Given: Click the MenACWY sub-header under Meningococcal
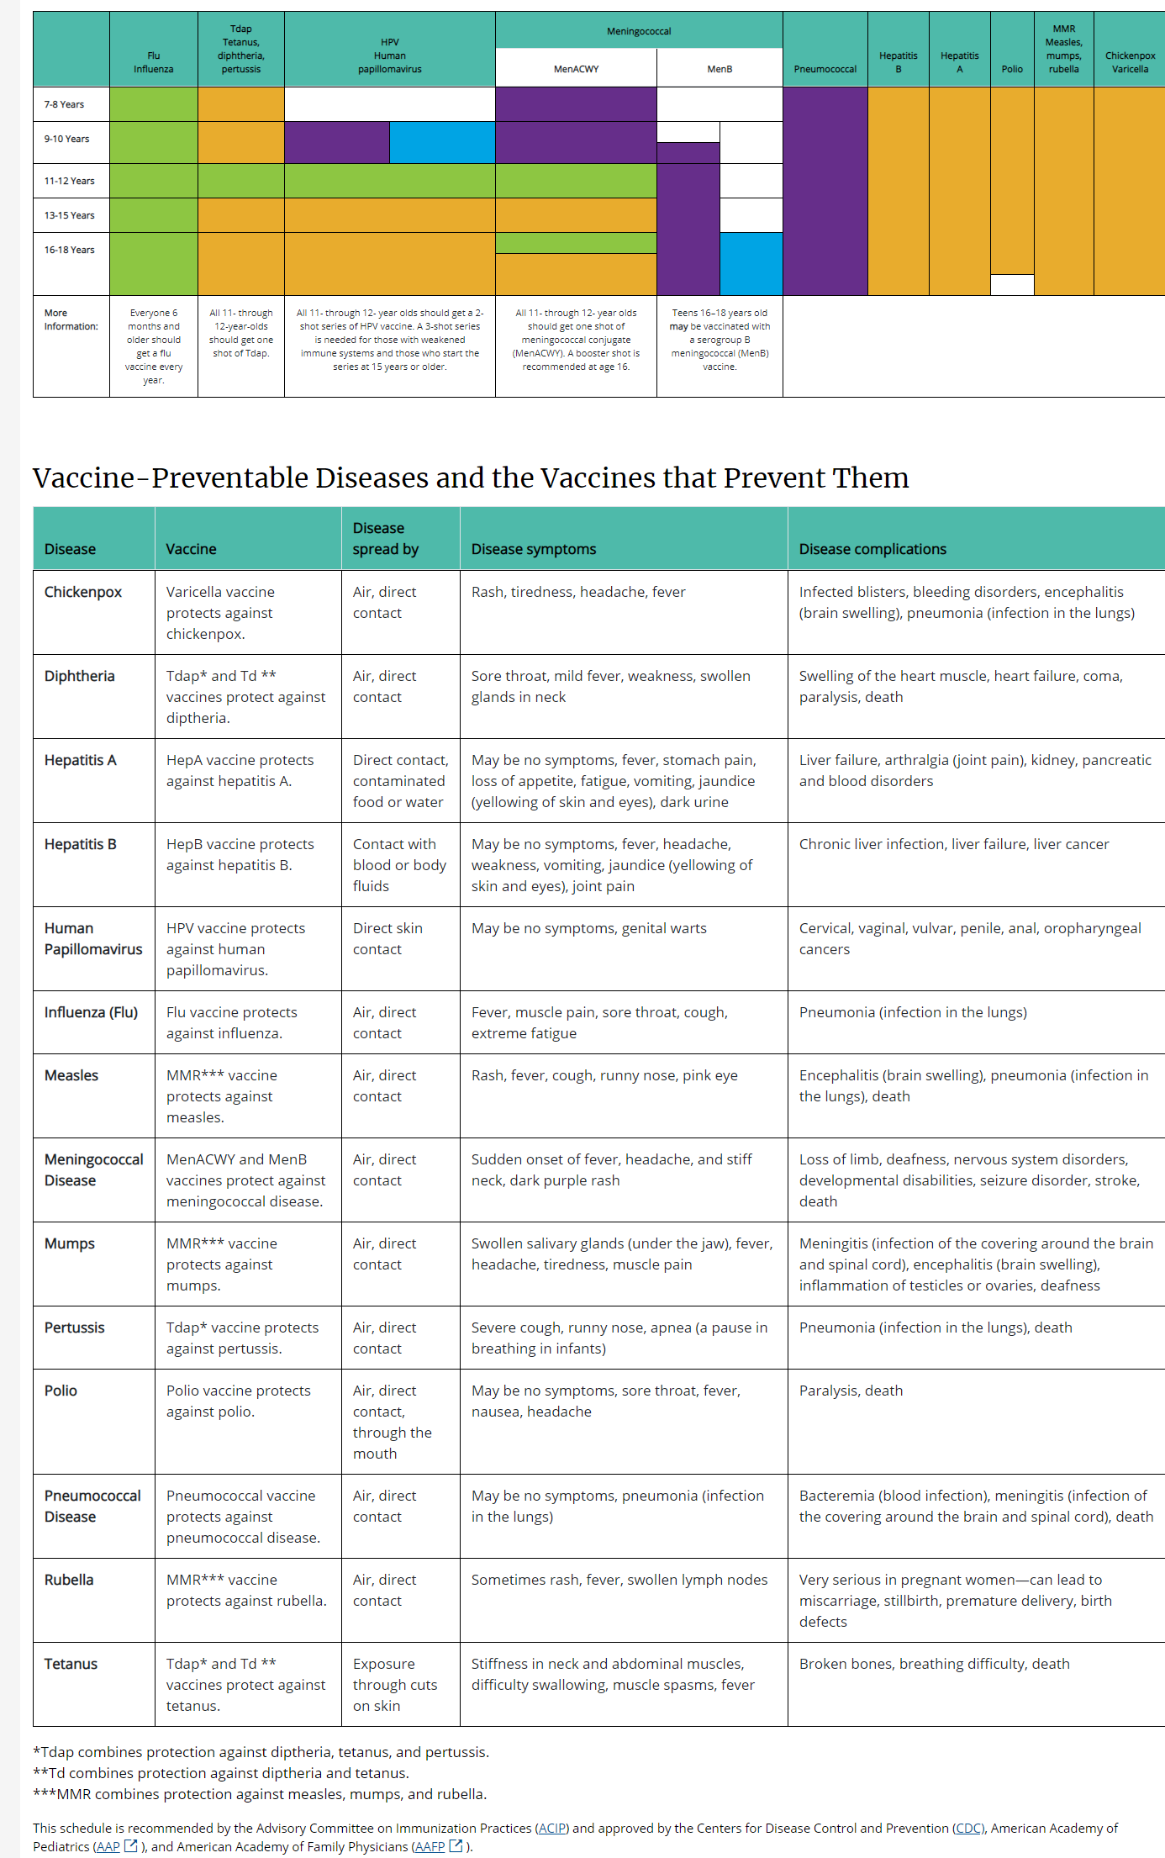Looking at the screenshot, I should (x=576, y=69).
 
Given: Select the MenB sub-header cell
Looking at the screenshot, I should (x=720, y=69).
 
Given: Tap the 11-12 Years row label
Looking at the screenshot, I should (x=70, y=181).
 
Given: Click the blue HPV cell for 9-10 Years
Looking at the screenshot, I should (x=442, y=142).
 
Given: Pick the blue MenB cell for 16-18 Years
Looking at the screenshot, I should (x=751, y=263).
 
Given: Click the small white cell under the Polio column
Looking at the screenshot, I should (x=1012, y=284).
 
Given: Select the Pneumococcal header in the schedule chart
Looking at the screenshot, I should (x=825, y=69).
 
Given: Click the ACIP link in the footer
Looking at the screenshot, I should (x=552, y=1828).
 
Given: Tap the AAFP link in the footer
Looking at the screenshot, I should (x=430, y=1846).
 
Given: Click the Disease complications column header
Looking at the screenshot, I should (x=872, y=549).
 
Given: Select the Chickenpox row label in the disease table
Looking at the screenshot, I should (x=83, y=592).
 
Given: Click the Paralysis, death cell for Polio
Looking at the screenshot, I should (x=851, y=1391).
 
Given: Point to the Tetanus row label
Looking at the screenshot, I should (x=71, y=1664).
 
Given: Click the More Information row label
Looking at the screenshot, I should (x=71, y=319).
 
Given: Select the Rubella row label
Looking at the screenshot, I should (x=69, y=1580).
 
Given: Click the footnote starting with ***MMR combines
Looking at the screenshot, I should (x=260, y=1794).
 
